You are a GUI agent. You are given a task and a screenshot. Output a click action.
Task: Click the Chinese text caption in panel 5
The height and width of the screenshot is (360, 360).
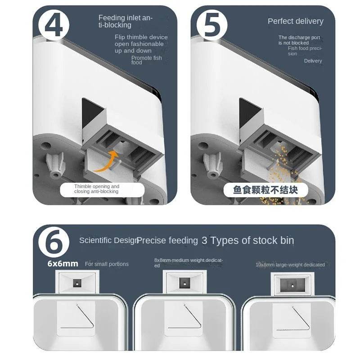[265, 190]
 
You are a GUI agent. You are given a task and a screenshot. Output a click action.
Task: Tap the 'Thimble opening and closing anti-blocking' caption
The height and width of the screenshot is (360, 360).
[97, 189]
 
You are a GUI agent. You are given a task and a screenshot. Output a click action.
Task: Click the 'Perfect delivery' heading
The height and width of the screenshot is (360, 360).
[295, 21]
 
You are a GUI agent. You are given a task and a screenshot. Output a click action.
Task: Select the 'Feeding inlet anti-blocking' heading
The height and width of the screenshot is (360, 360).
[126, 22]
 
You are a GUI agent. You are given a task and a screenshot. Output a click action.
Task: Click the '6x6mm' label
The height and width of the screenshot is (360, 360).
[63, 264]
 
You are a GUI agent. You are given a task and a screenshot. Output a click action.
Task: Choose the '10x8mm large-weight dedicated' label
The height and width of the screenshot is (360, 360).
[290, 265]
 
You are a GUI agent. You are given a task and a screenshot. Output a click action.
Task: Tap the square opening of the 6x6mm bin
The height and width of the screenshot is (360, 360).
[77, 283]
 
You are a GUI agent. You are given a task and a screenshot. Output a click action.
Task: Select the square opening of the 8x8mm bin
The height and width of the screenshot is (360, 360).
[184, 283]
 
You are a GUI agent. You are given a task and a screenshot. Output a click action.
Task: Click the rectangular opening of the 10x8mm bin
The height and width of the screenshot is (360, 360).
[292, 285]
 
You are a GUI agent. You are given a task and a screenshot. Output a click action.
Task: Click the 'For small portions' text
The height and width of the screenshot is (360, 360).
[107, 264]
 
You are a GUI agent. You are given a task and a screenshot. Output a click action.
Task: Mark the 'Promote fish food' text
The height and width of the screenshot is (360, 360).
[146, 60]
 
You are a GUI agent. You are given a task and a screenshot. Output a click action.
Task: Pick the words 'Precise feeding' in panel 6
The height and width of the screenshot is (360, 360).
[167, 241]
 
